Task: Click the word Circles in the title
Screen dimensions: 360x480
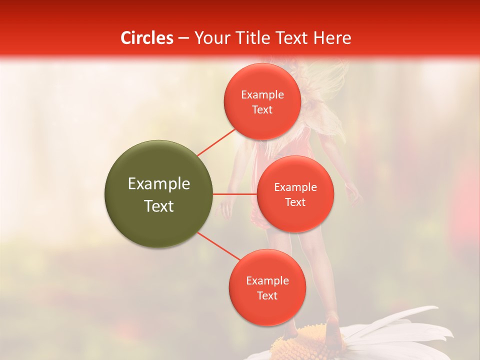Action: coord(147,38)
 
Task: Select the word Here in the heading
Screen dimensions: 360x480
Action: coord(333,38)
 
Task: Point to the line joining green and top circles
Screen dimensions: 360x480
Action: coord(216,142)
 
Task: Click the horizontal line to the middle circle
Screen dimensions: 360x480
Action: coord(234,194)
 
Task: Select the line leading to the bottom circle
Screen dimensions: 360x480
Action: coord(218,247)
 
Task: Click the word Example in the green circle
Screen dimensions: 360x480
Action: coord(159,184)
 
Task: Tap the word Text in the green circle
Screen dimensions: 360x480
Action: coord(159,206)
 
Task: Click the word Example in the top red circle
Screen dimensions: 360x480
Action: coord(262,95)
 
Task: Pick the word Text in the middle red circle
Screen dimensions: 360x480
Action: coord(295,202)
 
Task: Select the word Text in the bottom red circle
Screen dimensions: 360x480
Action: coord(267,296)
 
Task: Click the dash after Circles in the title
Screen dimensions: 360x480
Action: coord(183,38)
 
